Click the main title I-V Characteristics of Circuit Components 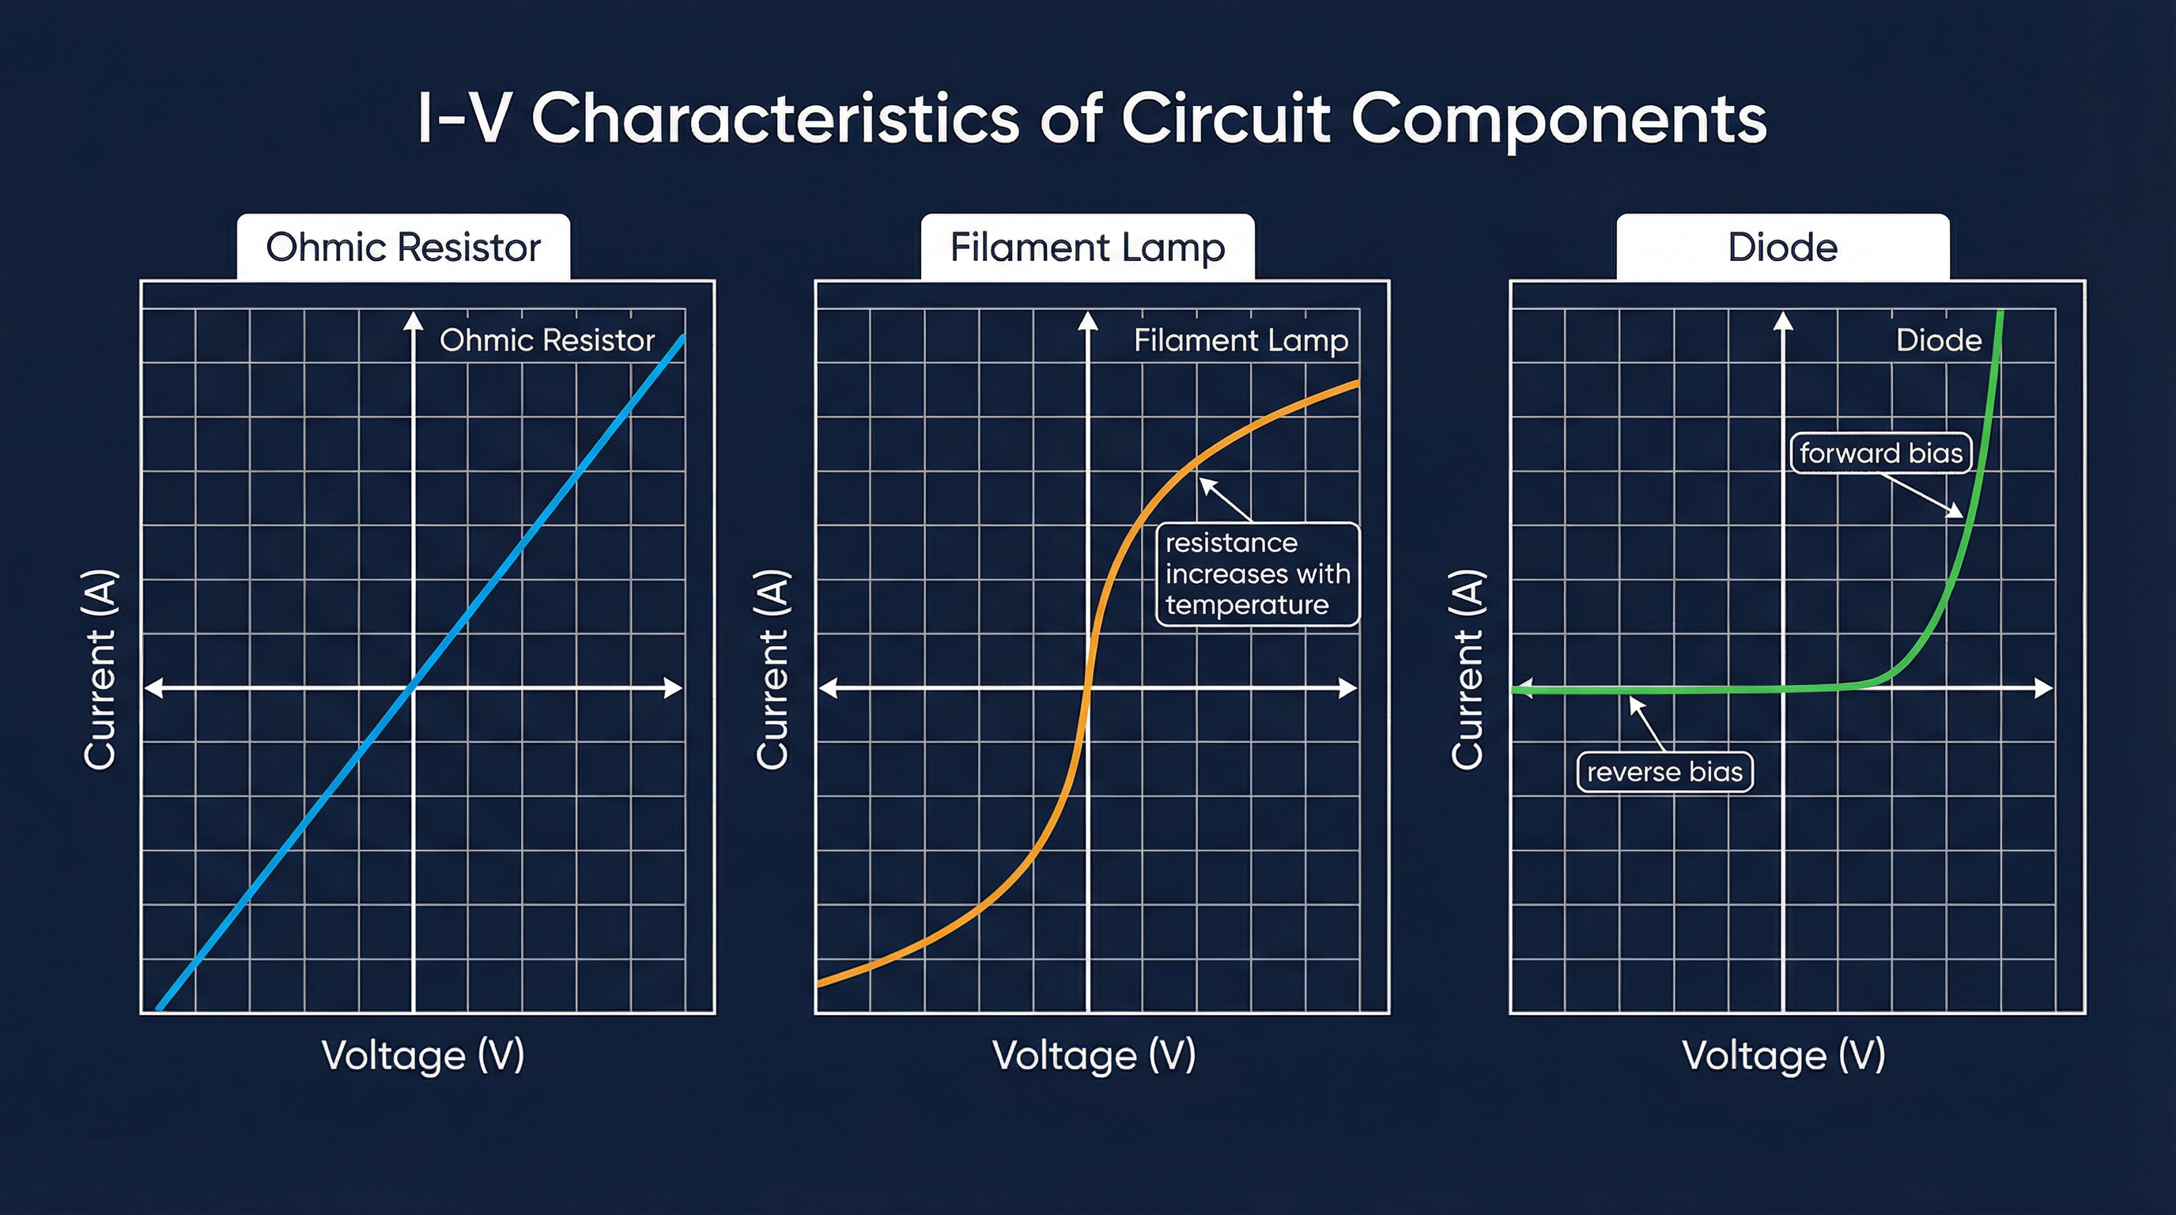pyautogui.click(x=1091, y=119)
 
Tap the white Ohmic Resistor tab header pyautogui.click(x=403, y=248)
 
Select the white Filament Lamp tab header pyautogui.click(x=1087, y=248)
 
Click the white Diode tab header pyautogui.click(x=1782, y=248)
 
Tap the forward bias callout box pyautogui.click(x=1880, y=454)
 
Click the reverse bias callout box pyautogui.click(x=1664, y=772)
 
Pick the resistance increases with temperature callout pyautogui.click(x=1256, y=574)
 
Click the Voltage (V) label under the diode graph pyautogui.click(x=1783, y=1055)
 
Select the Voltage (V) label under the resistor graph pyautogui.click(x=422, y=1055)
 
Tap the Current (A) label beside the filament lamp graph pyautogui.click(x=771, y=669)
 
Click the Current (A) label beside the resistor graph pyautogui.click(x=100, y=669)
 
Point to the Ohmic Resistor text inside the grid pyautogui.click(x=546, y=340)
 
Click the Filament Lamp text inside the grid pyautogui.click(x=1240, y=340)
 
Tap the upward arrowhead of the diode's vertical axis pyautogui.click(x=1783, y=321)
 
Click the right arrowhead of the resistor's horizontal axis pyautogui.click(x=673, y=687)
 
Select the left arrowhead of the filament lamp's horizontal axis pyautogui.click(x=829, y=687)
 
